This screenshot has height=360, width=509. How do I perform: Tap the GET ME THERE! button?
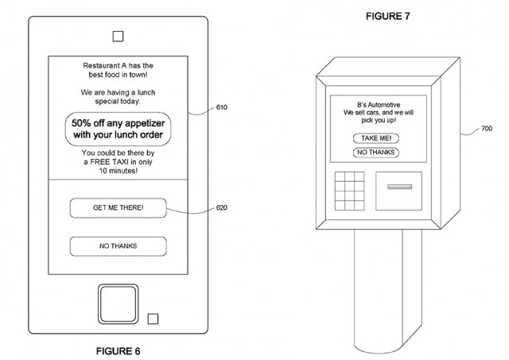[x=118, y=208]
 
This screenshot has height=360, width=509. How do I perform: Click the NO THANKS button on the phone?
[x=118, y=246]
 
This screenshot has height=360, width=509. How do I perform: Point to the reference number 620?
[x=222, y=208]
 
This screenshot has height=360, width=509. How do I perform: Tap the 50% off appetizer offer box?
[x=118, y=128]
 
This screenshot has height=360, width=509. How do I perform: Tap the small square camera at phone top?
[x=118, y=36]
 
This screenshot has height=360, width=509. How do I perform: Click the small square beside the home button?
[x=153, y=319]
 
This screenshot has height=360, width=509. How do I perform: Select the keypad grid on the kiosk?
[x=349, y=189]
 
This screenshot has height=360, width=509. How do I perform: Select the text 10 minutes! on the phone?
[x=118, y=171]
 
